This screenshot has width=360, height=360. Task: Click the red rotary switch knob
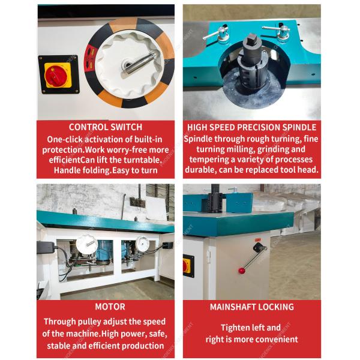(x=58, y=75)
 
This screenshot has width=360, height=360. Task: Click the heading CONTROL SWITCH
(x=106, y=127)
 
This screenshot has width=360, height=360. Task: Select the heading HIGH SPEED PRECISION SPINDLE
(x=251, y=127)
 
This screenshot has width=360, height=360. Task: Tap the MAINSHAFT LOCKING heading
(x=251, y=307)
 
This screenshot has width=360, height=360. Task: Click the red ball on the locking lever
(x=242, y=271)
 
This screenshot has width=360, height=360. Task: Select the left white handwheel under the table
(x=86, y=243)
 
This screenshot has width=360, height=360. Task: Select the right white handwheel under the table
(x=143, y=242)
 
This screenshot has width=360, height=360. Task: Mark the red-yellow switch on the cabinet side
(x=187, y=265)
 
